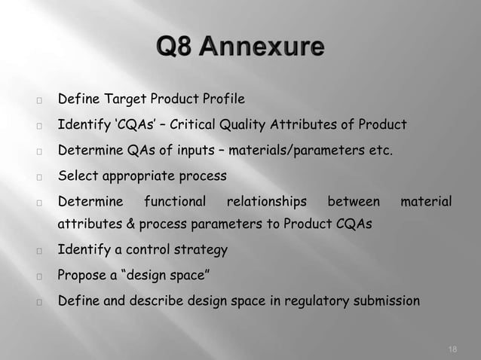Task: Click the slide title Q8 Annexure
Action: coord(240,50)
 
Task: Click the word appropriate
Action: coord(134,175)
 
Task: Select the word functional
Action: coord(175,201)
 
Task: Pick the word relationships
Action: coord(267,201)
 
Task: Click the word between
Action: coord(354,201)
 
